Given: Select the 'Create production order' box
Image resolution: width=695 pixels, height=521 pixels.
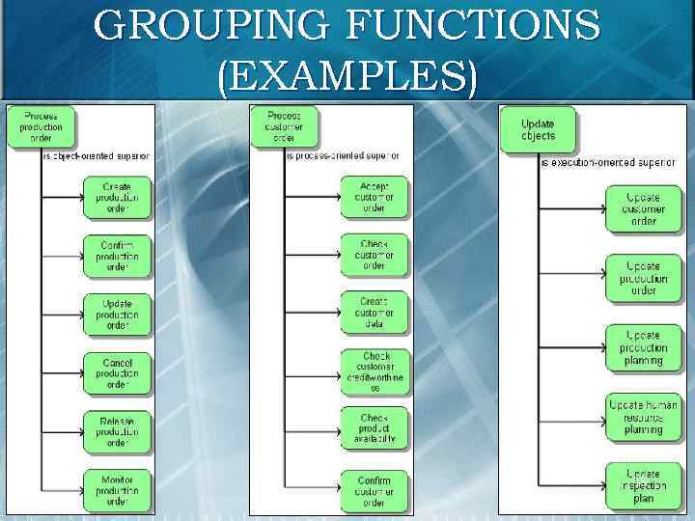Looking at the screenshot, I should (117, 197).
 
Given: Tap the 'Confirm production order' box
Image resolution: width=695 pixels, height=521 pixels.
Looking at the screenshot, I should (117, 257).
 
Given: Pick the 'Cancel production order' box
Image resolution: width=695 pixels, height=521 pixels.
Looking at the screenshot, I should (117, 372).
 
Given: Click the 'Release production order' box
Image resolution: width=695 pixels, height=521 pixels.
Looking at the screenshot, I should (117, 431).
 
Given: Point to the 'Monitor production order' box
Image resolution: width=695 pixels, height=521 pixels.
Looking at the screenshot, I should (117, 489).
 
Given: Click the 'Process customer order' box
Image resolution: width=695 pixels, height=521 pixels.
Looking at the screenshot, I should (284, 126).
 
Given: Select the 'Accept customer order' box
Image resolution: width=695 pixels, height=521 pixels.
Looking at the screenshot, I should (374, 197).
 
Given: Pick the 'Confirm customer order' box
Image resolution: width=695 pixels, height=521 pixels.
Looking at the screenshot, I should (374, 489).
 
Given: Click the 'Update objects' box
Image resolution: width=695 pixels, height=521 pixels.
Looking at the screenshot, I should (538, 129).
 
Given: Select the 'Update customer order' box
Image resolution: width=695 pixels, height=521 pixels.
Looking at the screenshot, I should (643, 208).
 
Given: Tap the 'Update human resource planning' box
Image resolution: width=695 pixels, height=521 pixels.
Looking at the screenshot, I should (643, 417).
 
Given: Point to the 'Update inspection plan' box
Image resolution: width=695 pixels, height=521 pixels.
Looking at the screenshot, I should (643, 486).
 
